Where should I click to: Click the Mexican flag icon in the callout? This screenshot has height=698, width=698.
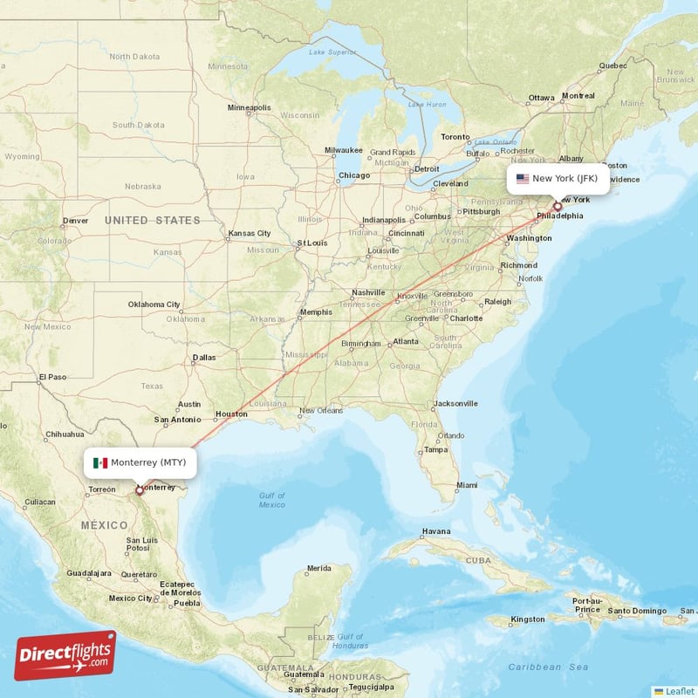tap(100, 462)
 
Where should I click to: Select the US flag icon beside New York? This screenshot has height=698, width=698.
tap(523, 179)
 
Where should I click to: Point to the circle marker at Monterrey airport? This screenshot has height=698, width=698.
tap(139, 490)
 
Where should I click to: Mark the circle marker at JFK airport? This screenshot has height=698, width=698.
tap(558, 207)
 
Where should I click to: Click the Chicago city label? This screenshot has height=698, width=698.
tap(354, 175)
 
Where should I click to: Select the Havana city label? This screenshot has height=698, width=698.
tap(436, 531)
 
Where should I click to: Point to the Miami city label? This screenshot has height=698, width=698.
tap(467, 485)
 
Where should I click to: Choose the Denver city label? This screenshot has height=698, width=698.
tap(75, 221)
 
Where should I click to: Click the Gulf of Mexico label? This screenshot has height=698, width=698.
tap(271, 500)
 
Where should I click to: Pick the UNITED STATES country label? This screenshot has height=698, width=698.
tap(153, 221)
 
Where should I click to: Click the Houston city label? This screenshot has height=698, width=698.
tap(232, 414)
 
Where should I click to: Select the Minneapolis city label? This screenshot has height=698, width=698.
tap(250, 108)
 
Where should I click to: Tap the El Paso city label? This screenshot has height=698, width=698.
tap(52, 377)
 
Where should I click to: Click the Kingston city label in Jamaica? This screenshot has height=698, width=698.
tap(528, 619)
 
